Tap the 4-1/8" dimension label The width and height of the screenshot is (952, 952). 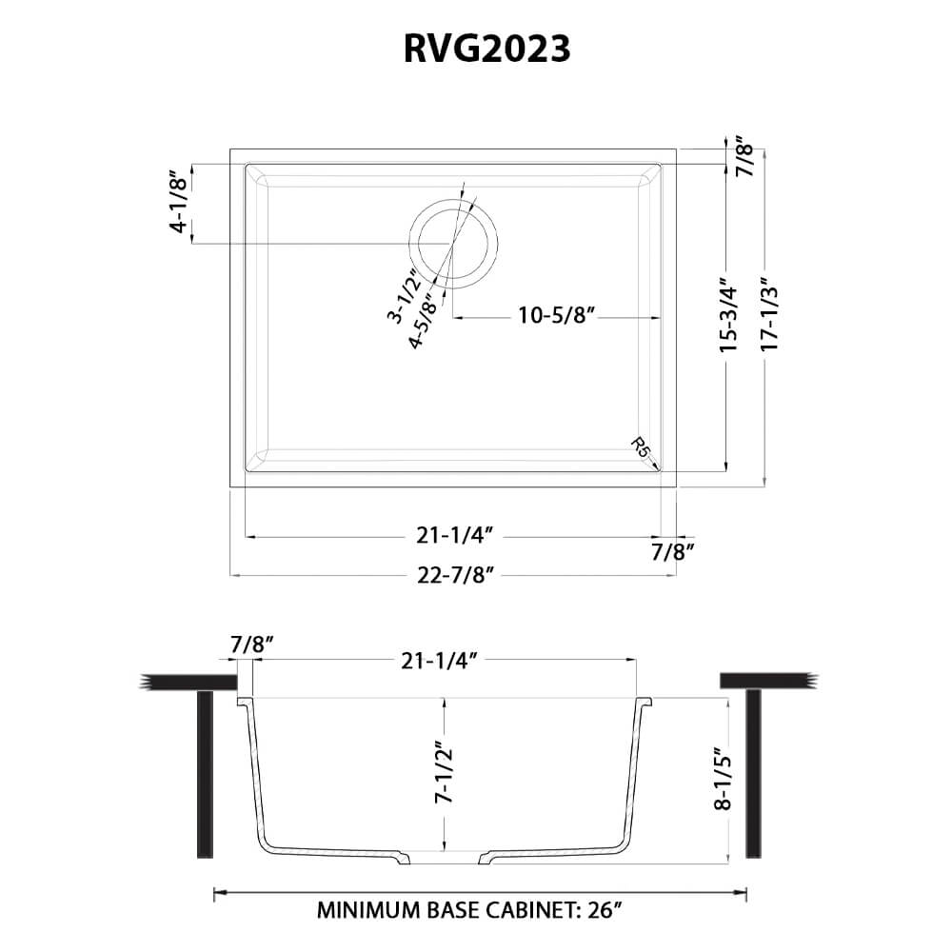click(178, 202)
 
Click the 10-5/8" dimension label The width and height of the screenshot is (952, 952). click(557, 316)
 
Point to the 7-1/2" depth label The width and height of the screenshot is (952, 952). click(442, 773)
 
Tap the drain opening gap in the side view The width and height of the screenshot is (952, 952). click(445, 858)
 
